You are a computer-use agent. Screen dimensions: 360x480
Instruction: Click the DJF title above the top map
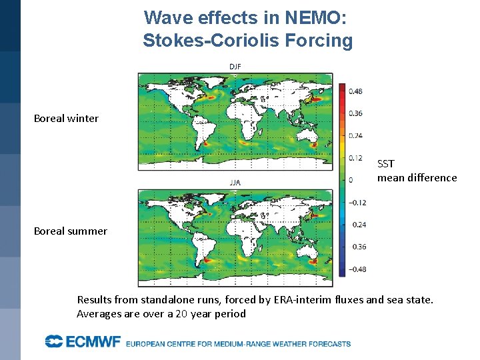point(235,67)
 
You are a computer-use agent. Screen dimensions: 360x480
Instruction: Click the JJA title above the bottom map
point(235,182)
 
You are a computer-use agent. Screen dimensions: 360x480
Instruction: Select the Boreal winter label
point(66,119)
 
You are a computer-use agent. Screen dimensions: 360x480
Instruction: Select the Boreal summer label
point(70,231)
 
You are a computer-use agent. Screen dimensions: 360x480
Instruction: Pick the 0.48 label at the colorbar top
point(355,91)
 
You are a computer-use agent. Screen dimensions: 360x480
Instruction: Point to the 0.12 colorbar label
point(355,158)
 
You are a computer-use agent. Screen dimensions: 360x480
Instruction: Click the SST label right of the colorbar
point(386,163)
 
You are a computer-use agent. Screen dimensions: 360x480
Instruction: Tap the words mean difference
point(417,178)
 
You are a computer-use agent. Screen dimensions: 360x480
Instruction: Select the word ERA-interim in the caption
point(301,300)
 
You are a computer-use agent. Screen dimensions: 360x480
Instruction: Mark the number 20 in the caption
point(181,314)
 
